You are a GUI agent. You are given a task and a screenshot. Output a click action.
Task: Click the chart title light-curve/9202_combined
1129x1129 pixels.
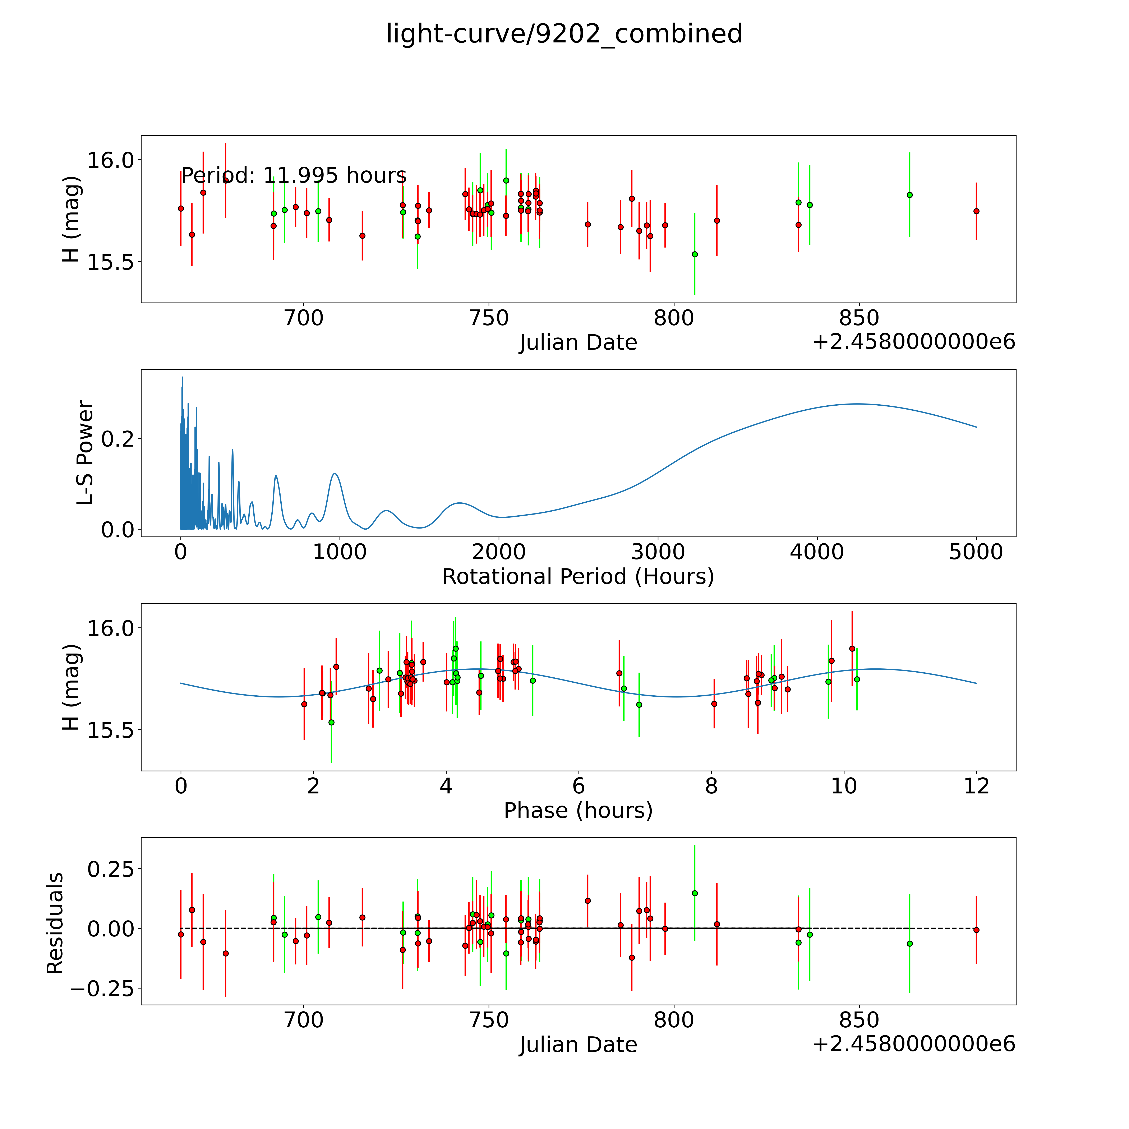point(564,34)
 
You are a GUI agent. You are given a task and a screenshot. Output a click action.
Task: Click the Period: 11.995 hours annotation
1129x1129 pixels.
point(293,175)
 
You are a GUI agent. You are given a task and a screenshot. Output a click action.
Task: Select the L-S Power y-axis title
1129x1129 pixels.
point(85,453)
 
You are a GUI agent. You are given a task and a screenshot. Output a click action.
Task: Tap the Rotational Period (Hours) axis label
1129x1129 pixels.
point(578,577)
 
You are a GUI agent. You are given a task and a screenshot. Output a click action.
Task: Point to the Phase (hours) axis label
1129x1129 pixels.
point(578,811)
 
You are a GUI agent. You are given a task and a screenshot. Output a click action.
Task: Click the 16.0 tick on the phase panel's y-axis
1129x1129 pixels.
point(110,628)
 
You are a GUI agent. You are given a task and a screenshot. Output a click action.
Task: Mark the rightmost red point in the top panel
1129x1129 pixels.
point(976,211)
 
